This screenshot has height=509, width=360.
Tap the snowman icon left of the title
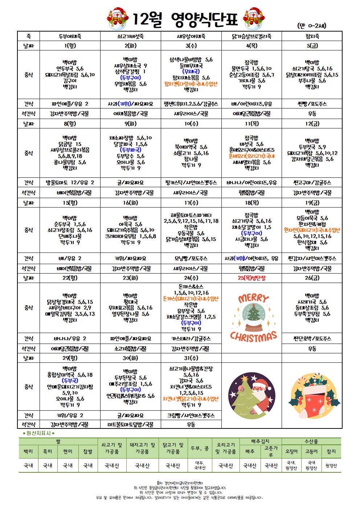[x=116, y=18]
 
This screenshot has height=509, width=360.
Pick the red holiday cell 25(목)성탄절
[x=251, y=278]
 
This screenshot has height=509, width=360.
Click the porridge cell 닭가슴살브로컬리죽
[x=251, y=36]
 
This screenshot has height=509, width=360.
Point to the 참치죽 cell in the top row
[x=312, y=36]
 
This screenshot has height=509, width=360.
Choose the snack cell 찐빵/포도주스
[x=312, y=104]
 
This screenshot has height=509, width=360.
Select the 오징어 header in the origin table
[x=291, y=451]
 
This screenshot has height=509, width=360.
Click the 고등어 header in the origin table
[x=311, y=451]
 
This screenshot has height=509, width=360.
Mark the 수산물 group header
[x=311, y=442]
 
